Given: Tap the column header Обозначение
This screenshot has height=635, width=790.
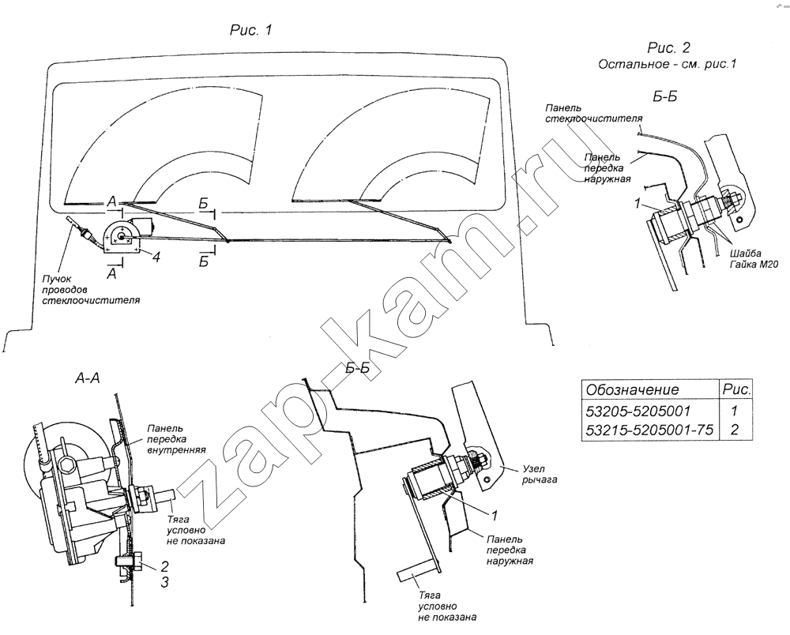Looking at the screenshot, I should point(632,389).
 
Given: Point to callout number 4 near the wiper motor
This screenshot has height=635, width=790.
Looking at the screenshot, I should point(157,257).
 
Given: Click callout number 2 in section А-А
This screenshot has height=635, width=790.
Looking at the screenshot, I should point(165,566).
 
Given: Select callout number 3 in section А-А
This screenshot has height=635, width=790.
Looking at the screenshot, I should point(165,583).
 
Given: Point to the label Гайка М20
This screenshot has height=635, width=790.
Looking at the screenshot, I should point(754,265).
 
